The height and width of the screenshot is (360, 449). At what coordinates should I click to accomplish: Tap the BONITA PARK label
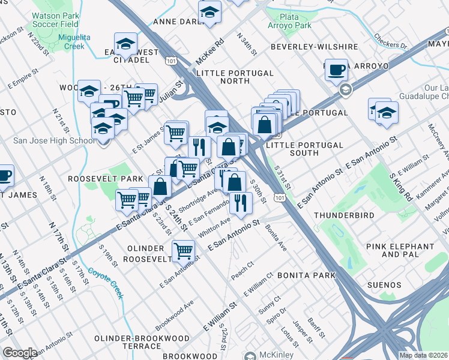(306, 275)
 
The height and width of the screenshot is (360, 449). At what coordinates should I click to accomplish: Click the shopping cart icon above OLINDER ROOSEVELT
(183, 250)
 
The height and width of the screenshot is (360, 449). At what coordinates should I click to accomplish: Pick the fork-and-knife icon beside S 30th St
(241, 202)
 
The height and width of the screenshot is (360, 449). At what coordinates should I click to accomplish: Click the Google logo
(20, 353)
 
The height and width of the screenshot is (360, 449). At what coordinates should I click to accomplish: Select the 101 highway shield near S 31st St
(279, 197)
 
